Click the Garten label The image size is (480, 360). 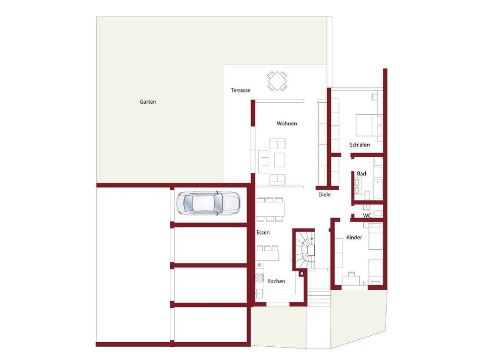pos(148,102)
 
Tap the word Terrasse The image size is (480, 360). pos(241,91)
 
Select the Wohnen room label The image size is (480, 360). pos(286,123)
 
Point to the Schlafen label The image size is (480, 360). pos(360,145)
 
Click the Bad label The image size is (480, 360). pos(362,173)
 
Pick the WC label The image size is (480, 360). pos(367,216)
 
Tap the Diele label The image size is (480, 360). pos(324,195)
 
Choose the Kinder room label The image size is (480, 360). pos(354,237)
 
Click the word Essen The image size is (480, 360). pos(263,233)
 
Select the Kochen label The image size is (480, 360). pos(276,281)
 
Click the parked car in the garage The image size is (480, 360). pos(208,203)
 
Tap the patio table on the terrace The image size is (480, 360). pos(277,81)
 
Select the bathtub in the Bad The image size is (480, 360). pos(378,189)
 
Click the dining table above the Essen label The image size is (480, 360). pos(270,209)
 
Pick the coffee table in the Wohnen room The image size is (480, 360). pos(279,160)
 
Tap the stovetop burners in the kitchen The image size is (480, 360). pos(259,278)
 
